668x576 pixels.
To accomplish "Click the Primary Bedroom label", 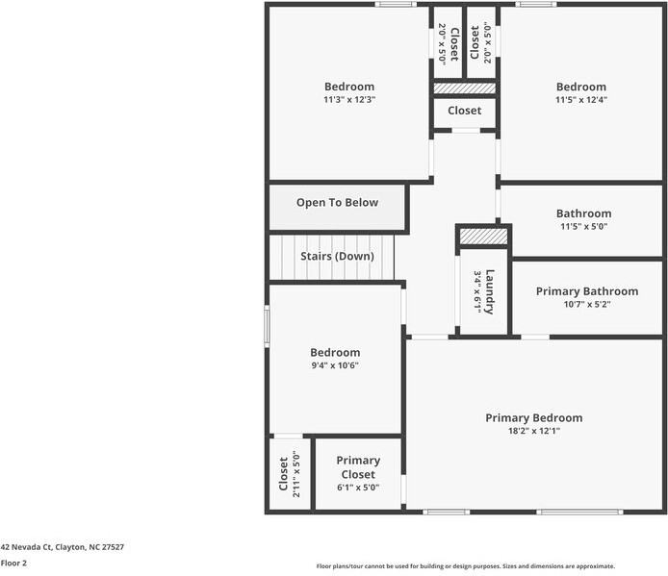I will click(x=533, y=417).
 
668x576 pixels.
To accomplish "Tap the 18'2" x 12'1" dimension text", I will click(x=533, y=431).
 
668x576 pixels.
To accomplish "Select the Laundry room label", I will click(x=490, y=290).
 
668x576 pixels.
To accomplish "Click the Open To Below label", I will click(x=337, y=202).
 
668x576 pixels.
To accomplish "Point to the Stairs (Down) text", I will click(x=337, y=256).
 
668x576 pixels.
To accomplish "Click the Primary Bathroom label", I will click(x=586, y=290).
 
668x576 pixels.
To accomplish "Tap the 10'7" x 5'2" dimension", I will click(x=586, y=304).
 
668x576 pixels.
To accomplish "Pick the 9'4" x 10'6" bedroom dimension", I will click(x=335, y=366).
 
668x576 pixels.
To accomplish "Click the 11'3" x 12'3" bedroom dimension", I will click(x=348, y=99).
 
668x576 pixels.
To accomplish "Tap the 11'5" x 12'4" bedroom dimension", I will click(x=580, y=99).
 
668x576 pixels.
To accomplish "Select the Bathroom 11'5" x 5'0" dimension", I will click(x=582, y=227).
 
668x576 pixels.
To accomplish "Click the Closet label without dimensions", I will click(x=464, y=111).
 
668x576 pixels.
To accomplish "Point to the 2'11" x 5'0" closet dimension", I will click(x=296, y=472).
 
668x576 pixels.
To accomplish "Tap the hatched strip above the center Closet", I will click(x=464, y=88).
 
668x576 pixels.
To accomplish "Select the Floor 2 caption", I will click(x=13, y=563).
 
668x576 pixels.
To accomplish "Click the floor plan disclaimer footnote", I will click(x=466, y=566).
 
